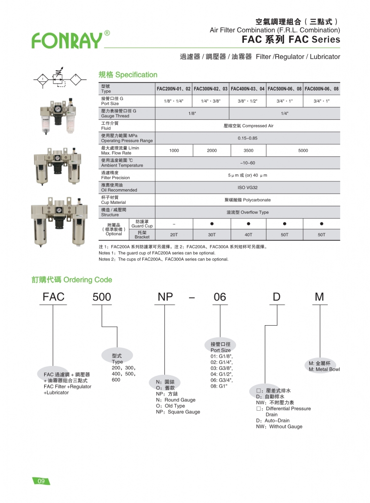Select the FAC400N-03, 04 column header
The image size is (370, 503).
point(248,89)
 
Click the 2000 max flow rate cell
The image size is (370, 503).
point(211,150)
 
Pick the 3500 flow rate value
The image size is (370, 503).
point(248,150)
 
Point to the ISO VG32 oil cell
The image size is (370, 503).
point(248,187)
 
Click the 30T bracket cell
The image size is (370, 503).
point(211,235)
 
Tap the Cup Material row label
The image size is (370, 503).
point(113,199)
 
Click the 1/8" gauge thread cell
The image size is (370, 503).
point(192,113)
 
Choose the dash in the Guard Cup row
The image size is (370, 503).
point(174,224)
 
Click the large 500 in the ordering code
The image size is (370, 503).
point(102,297)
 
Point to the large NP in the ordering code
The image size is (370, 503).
point(167,297)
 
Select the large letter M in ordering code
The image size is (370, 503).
point(319,297)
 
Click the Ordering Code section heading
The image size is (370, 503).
point(72,280)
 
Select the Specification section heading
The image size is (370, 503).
point(128,75)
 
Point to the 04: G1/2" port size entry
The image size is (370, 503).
point(222,374)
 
